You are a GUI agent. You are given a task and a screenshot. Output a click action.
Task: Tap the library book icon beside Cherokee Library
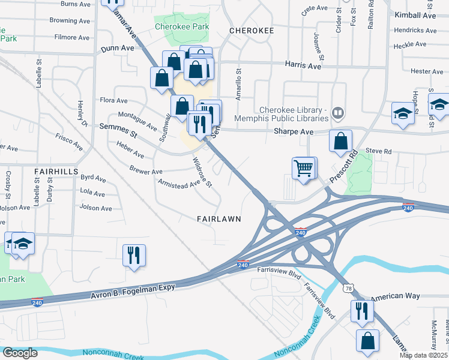coord(338,112)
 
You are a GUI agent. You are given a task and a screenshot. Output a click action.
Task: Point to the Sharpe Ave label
coord(294,132)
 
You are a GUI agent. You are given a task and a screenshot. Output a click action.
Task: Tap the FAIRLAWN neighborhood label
coord(219,219)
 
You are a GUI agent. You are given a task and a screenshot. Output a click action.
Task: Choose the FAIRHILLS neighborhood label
coord(56,171)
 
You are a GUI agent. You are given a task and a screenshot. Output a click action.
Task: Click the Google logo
coord(20,353)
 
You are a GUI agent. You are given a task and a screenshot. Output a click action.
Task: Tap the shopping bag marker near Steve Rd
coord(340,142)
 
